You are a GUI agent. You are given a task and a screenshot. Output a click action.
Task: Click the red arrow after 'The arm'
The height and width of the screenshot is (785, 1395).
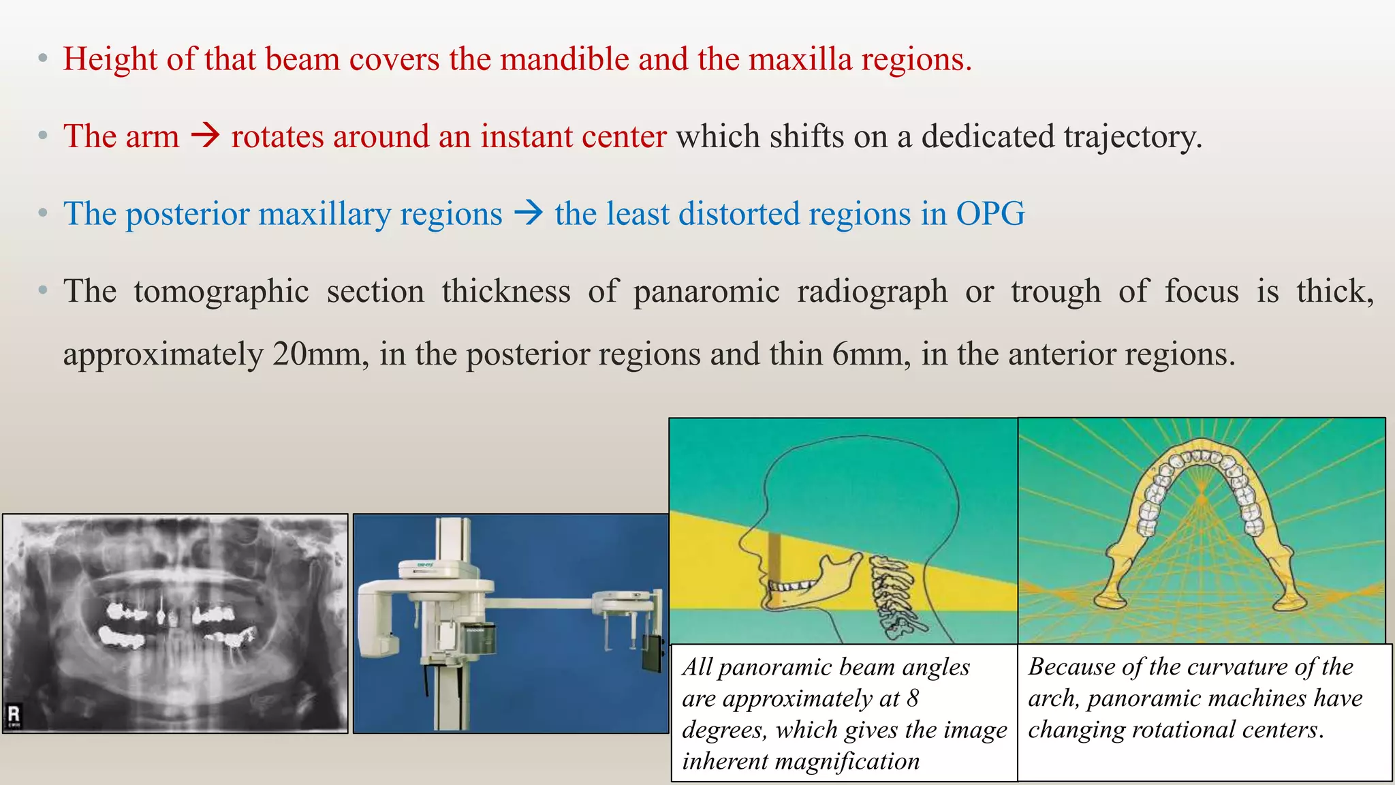pyautogui.click(x=205, y=136)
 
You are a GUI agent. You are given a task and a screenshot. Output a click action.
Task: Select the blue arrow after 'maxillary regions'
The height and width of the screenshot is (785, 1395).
pyautogui.click(x=528, y=213)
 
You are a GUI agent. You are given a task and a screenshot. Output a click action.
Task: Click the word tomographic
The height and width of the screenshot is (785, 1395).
pyautogui.click(x=221, y=292)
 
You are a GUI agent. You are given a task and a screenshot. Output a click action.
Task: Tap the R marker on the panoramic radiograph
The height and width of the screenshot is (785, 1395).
pyautogui.click(x=14, y=714)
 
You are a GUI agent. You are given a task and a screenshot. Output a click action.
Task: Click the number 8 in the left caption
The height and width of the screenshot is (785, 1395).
pyautogui.click(x=912, y=698)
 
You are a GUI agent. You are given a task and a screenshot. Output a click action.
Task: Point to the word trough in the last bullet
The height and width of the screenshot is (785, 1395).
pyautogui.click(x=1055, y=292)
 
